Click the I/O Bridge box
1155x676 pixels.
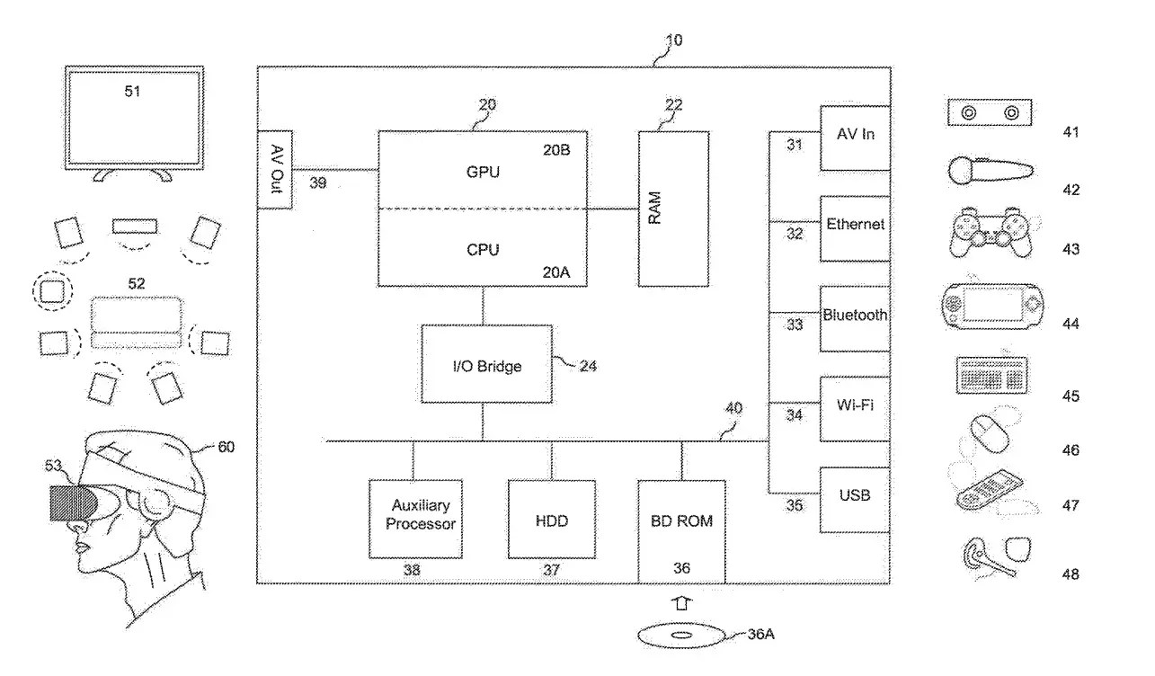(x=486, y=364)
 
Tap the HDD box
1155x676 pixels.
(x=551, y=520)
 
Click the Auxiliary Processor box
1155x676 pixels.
(x=414, y=519)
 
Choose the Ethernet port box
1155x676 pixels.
(x=855, y=227)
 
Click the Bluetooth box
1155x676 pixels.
(x=855, y=318)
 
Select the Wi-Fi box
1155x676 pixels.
(x=855, y=408)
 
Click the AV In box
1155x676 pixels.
(x=855, y=137)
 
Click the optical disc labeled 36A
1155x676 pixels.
(x=680, y=636)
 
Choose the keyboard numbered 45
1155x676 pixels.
(x=991, y=375)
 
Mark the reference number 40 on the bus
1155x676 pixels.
(x=734, y=408)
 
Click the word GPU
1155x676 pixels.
(x=483, y=172)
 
